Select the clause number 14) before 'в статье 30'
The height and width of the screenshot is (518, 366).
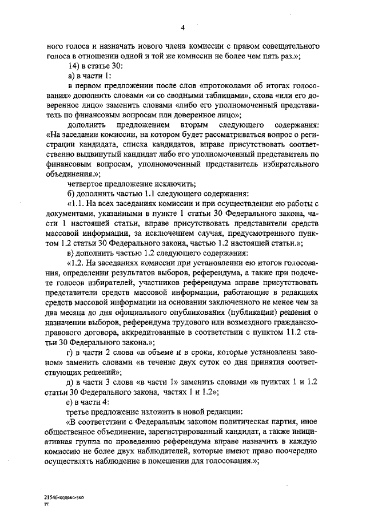click(73, 66)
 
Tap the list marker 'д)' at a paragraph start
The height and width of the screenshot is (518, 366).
click(70, 382)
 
